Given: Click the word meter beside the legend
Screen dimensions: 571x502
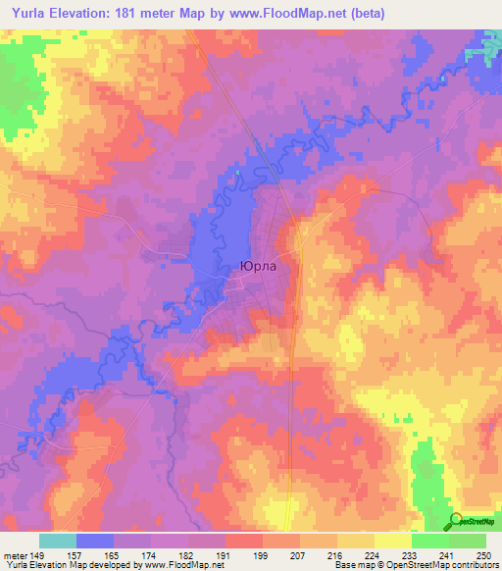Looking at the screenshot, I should tap(16, 553).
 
